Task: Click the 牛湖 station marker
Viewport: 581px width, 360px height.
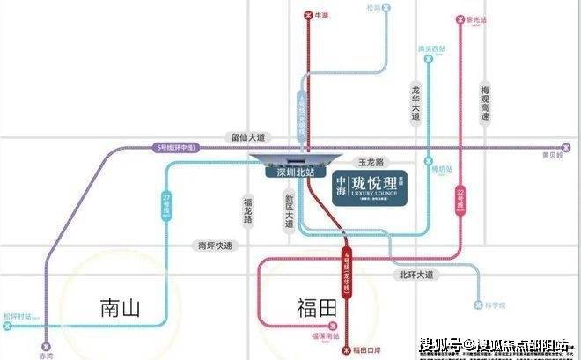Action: pos(307,15)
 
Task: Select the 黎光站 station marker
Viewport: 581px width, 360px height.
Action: pos(460,17)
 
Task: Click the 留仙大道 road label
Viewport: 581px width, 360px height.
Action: pos(247,137)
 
